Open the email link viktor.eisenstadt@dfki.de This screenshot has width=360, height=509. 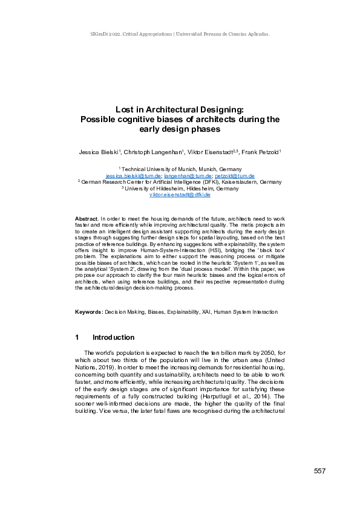pyautogui.click(x=180, y=195)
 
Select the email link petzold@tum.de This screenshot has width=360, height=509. pyautogui.click(x=235, y=175)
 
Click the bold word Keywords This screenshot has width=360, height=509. pyautogui.click(x=88, y=312)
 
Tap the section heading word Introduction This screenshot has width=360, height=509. pyautogui.click(x=114, y=337)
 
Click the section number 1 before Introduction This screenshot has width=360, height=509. pyautogui.click(x=77, y=337)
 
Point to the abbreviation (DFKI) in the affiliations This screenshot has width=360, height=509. pyautogui.click(x=212, y=181)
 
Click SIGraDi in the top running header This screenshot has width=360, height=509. pyautogui.click(x=91, y=34)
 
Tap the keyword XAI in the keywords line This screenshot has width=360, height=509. pyautogui.click(x=206, y=312)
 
